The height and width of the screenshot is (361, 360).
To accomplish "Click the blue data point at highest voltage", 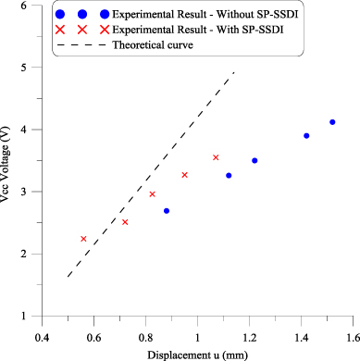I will tap(332, 122).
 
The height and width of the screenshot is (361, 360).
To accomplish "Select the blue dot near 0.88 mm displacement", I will tap(167, 211).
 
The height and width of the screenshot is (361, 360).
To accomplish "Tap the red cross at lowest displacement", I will tap(83, 239).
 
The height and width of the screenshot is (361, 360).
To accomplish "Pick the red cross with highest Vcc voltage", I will tap(216, 157).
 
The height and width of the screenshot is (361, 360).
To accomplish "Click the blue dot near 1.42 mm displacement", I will tap(306, 136).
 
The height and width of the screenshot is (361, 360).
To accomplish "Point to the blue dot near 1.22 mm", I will tap(254, 161).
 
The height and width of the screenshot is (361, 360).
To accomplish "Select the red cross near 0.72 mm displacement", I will tap(125, 222).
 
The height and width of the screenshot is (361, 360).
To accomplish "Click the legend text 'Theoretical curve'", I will tap(147, 45).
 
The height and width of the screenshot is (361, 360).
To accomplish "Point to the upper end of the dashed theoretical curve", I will tap(234, 71).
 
